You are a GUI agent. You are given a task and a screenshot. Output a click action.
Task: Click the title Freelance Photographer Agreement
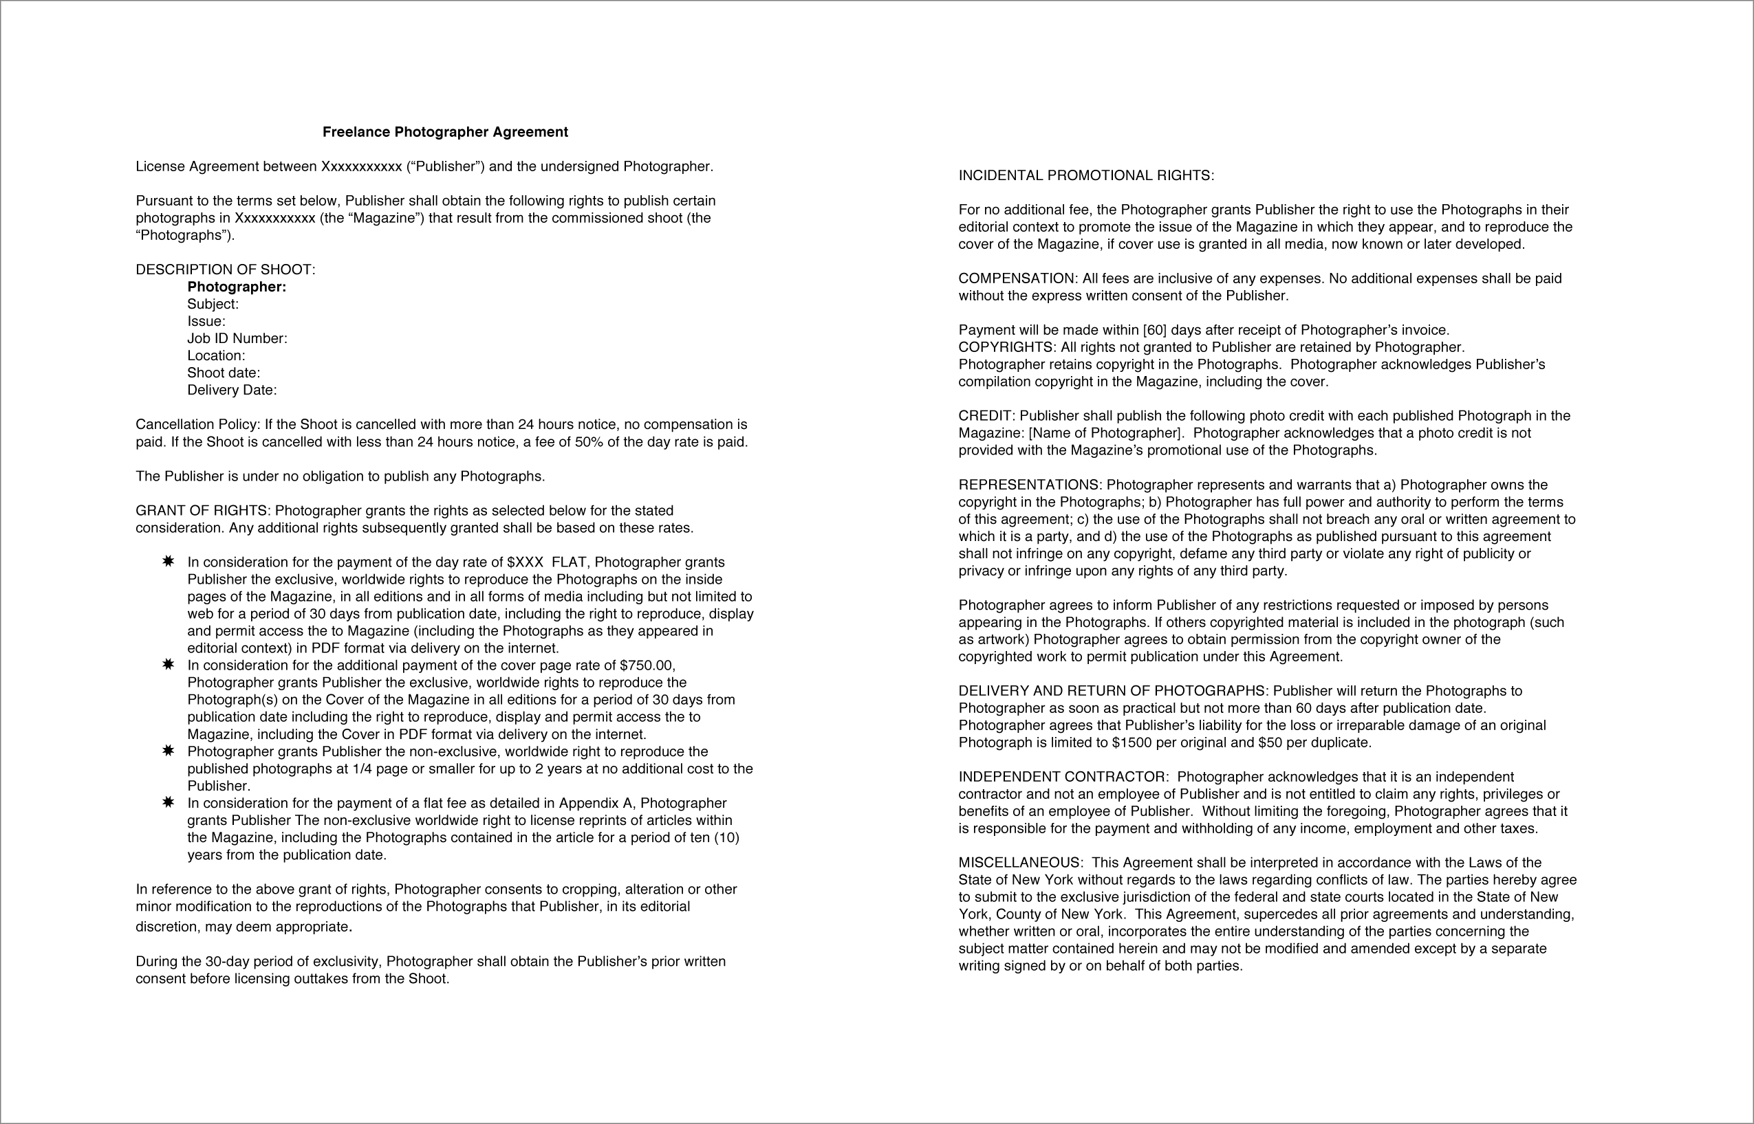pos(445,132)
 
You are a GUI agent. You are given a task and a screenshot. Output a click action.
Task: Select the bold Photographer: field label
pos(237,287)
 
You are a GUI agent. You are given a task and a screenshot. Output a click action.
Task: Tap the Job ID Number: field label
pos(237,339)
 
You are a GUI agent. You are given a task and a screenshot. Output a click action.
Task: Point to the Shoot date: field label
pos(224,373)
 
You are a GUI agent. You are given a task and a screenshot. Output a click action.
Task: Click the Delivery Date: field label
pos(232,390)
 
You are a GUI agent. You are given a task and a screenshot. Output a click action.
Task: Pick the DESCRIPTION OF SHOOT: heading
pos(225,270)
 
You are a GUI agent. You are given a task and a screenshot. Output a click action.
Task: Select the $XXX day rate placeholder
pos(525,563)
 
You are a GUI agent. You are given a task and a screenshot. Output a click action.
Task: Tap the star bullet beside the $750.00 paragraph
pos(168,665)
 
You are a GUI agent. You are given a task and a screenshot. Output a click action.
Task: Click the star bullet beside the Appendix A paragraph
pos(168,803)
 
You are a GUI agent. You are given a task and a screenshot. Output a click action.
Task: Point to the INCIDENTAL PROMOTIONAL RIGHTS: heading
pos(1086,176)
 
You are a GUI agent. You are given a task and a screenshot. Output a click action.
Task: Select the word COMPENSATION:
pos(1017,279)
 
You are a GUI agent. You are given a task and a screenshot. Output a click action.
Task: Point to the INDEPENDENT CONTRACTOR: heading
pos(1063,778)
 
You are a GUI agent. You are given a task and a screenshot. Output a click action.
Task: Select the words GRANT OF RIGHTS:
pos(203,511)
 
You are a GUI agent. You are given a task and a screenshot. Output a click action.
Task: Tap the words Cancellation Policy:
pos(197,425)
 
